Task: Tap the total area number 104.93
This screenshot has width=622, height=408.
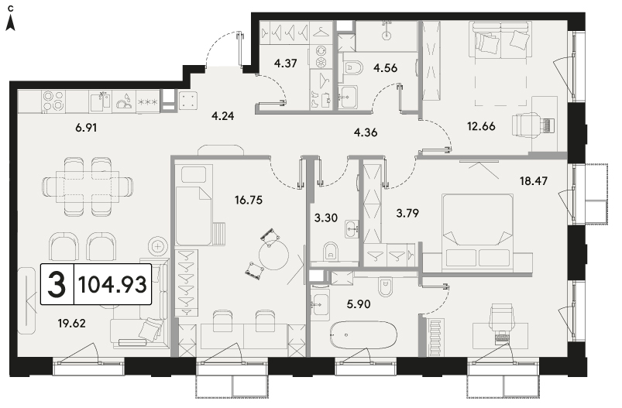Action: point(112,284)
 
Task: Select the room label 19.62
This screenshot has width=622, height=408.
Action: point(71,324)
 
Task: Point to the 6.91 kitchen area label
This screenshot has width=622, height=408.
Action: point(86,128)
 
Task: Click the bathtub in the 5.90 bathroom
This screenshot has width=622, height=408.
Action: point(364,335)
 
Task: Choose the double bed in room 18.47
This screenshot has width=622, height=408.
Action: point(478,230)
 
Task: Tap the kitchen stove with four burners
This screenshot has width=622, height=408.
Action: point(53,101)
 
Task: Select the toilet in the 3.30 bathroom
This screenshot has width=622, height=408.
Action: point(331,251)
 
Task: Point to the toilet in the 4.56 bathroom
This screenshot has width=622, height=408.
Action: point(353,68)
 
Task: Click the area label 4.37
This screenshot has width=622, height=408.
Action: point(286,63)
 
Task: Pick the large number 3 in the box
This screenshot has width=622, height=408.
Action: point(57,284)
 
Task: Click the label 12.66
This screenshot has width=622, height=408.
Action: point(481,126)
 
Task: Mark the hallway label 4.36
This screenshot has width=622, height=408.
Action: point(366,132)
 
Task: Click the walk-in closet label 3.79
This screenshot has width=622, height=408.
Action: point(407,214)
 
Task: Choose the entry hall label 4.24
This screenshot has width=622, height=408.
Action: point(222,116)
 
